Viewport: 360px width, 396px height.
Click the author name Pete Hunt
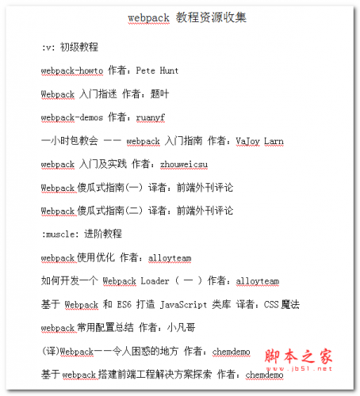158,70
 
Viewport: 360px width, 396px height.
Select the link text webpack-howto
69,70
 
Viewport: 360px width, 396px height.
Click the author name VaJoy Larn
259,141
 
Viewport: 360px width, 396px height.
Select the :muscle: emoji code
63,234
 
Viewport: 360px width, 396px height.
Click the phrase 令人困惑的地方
136,351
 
